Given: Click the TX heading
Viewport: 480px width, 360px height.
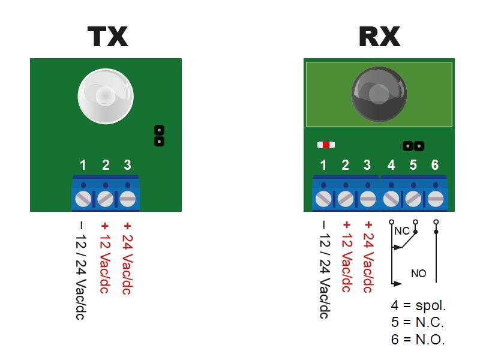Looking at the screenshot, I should [108, 37].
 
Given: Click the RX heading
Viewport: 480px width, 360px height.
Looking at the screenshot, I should [379, 37].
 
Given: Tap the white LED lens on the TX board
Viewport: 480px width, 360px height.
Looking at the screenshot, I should [105, 95].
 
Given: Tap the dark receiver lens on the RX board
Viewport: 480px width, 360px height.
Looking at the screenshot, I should [379, 94].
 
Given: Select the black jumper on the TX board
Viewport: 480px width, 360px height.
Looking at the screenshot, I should [159, 136].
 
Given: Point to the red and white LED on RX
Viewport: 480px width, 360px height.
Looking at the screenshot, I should [326, 145].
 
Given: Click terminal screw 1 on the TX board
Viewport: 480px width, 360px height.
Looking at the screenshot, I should [83, 198].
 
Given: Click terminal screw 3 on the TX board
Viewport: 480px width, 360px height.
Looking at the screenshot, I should [127, 198].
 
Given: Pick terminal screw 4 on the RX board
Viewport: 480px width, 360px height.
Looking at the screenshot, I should [391, 198].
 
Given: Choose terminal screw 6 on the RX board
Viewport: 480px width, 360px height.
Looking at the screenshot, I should [435, 198].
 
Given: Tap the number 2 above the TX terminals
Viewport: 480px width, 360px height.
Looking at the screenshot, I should [106, 165].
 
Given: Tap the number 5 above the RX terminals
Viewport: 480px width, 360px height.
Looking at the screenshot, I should [413, 165].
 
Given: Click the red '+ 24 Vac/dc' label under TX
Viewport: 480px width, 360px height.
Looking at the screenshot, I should [127, 258].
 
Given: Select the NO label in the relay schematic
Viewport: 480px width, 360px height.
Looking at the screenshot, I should [418, 274].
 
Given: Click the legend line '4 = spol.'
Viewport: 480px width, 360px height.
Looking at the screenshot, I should [418, 306].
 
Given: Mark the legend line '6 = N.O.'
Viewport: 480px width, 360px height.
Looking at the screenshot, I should [418, 339].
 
